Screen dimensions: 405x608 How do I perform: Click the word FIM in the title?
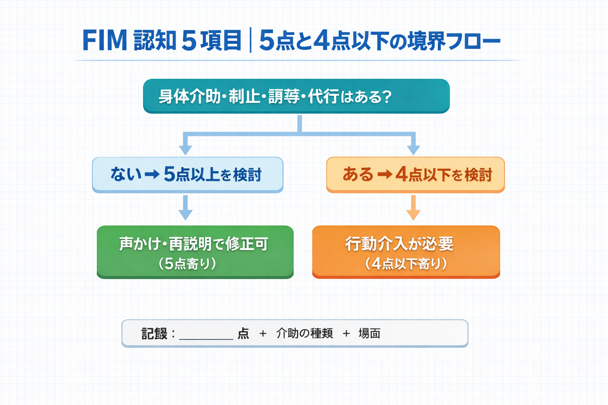104,40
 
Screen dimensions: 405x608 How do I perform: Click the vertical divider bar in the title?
251,40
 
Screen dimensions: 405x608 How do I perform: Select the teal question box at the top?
296,96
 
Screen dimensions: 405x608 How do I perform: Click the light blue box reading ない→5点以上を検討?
188,174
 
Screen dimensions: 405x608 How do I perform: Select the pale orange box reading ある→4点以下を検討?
415,174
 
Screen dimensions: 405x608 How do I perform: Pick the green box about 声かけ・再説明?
195,252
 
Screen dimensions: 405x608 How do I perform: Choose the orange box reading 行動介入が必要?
406,252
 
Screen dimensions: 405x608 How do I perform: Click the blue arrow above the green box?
185,208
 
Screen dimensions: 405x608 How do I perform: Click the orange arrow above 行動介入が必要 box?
413,208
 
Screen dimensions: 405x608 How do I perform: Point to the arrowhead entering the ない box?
185,150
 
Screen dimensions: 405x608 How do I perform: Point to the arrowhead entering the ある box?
413,150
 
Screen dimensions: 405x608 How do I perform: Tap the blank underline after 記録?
206,336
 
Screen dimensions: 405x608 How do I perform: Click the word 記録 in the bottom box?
154,334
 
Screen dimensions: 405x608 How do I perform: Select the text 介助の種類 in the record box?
304,333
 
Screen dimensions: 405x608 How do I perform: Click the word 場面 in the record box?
369,333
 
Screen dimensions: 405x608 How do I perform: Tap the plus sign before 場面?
346,334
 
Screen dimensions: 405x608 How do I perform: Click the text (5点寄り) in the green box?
188,264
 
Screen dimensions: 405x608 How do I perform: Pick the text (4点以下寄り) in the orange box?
406,264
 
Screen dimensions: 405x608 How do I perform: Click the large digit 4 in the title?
321,40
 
